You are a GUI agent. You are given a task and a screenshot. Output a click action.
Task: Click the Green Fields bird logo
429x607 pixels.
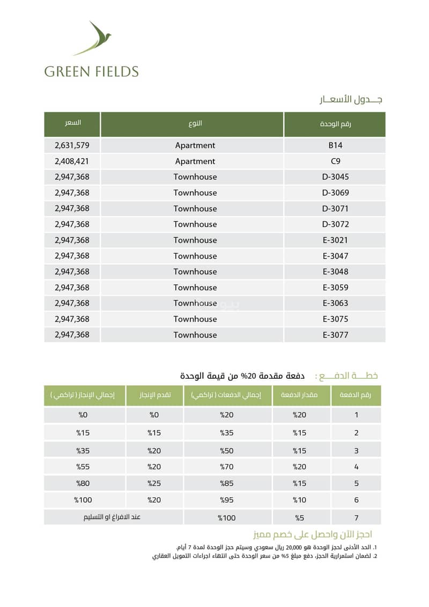pyautogui.click(x=93, y=39)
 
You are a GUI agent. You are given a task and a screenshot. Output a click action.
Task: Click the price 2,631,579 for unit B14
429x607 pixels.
pyautogui.click(x=72, y=145)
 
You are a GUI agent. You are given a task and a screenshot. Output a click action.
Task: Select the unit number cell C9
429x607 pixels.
pyautogui.click(x=335, y=161)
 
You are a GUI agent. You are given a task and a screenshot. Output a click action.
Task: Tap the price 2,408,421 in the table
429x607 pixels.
pyautogui.click(x=72, y=161)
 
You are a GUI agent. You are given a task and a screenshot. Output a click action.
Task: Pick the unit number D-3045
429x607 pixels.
pyautogui.click(x=335, y=177)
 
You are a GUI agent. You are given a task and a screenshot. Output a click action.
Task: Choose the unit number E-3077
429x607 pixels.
pyautogui.click(x=335, y=335)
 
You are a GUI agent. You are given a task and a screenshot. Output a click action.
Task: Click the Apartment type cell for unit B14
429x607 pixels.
pyautogui.click(x=195, y=145)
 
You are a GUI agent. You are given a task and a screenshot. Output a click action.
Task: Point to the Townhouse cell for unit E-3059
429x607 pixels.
pyautogui.click(x=195, y=287)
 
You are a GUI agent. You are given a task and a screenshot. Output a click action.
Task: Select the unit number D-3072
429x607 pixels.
pyautogui.click(x=335, y=224)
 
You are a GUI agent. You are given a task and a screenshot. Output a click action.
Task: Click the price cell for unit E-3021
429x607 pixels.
pyautogui.click(x=72, y=240)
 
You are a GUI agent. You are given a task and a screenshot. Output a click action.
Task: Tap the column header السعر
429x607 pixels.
pyautogui.click(x=72, y=123)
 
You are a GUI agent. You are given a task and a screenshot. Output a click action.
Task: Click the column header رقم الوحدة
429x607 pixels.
pyautogui.click(x=335, y=124)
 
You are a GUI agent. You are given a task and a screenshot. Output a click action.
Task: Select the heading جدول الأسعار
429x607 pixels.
pyautogui.click(x=350, y=100)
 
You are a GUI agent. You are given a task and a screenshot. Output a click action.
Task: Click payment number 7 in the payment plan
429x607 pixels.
pyautogui.click(x=356, y=518)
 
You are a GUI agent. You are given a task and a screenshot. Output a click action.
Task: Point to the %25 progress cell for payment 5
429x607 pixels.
pyautogui.click(x=154, y=484)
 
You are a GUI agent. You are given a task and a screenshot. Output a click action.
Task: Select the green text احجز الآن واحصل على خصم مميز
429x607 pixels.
pyautogui.click(x=313, y=535)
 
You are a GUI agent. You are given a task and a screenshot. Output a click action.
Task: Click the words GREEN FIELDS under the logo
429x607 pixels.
pyautogui.click(x=91, y=71)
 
